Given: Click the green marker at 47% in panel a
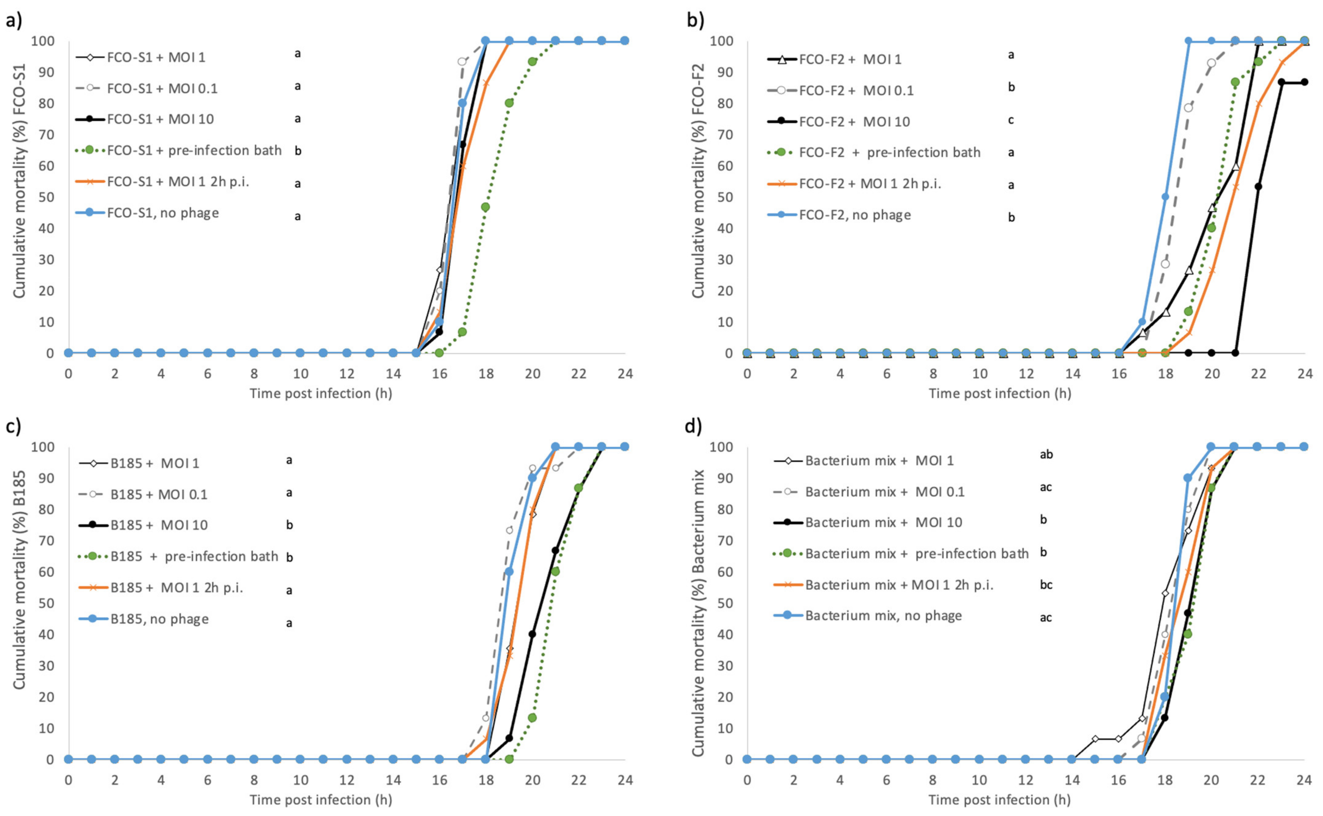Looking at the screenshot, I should point(485,207).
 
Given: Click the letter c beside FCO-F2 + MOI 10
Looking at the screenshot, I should point(1011,120).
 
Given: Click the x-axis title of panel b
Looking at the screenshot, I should point(1000,393).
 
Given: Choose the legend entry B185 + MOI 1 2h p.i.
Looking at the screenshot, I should point(177,588).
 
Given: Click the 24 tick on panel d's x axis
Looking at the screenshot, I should point(1304,780).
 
